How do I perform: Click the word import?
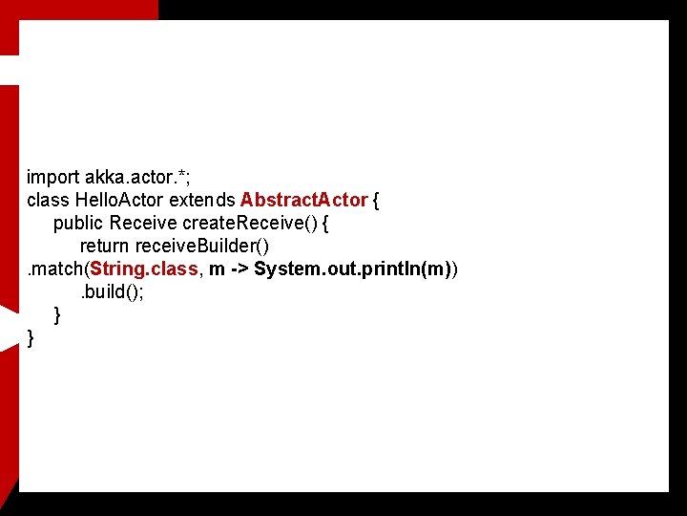click(52, 178)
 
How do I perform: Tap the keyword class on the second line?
click(48, 200)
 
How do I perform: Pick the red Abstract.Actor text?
click(304, 200)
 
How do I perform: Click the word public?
click(78, 223)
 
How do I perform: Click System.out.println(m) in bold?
click(352, 269)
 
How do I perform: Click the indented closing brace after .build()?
click(58, 314)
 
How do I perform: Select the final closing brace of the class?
click(31, 337)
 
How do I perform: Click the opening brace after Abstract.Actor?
click(377, 201)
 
